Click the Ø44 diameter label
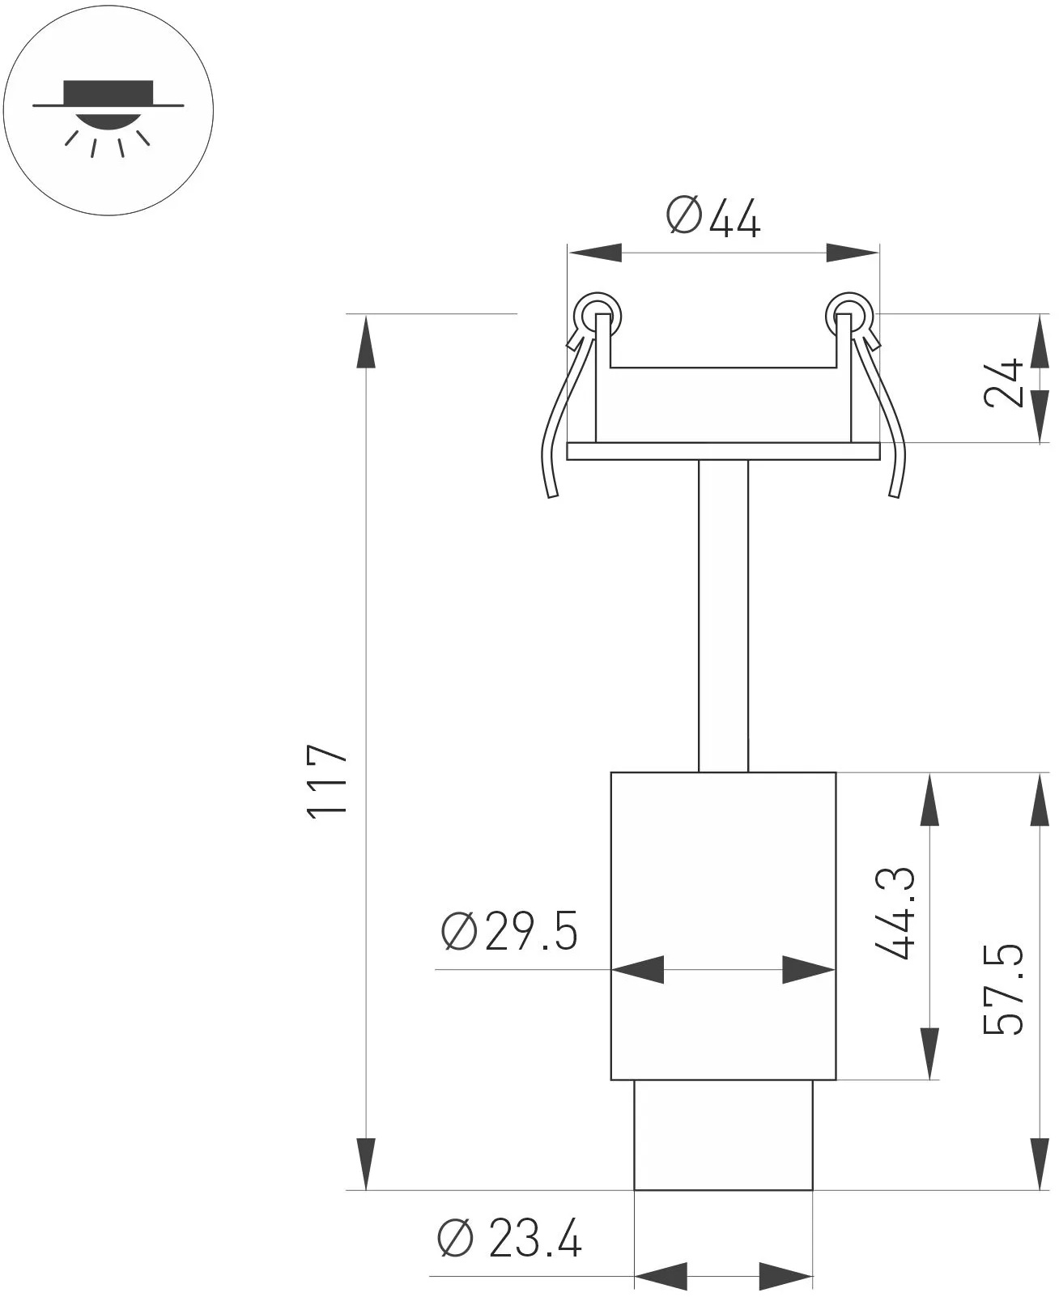coord(713,218)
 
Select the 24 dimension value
coord(1006,382)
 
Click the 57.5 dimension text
coord(1005,989)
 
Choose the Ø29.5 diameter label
coord(509,931)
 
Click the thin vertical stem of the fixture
coord(723,615)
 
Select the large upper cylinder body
coord(723,891)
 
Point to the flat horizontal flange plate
coord(723,451)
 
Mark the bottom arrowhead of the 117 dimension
coord(366,1164)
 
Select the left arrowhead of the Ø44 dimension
coord(594,253)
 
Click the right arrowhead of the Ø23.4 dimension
coord(785,1276)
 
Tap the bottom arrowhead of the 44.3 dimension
coord(929,1053)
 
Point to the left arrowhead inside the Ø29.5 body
coord(638,969)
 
